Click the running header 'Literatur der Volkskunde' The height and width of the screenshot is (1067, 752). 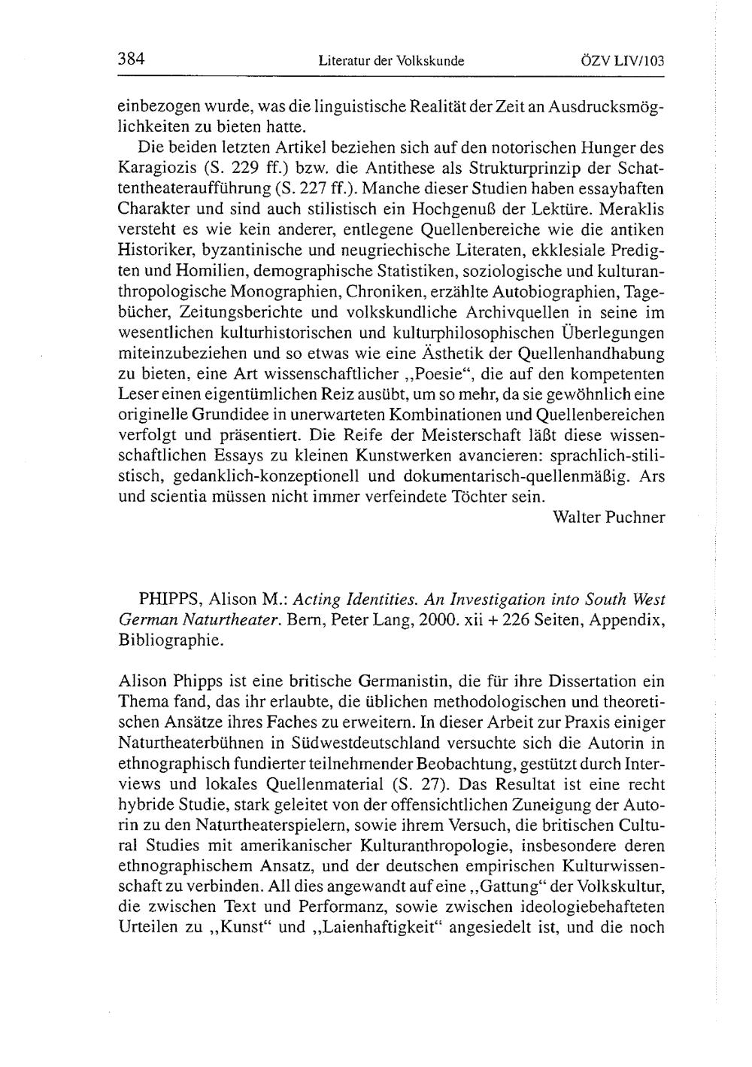point(391,60)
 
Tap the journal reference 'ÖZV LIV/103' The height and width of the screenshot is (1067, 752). point(622,60)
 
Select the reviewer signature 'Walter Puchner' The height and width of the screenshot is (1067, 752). point(608,518)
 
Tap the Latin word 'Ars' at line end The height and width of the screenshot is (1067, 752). point(653,477)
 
